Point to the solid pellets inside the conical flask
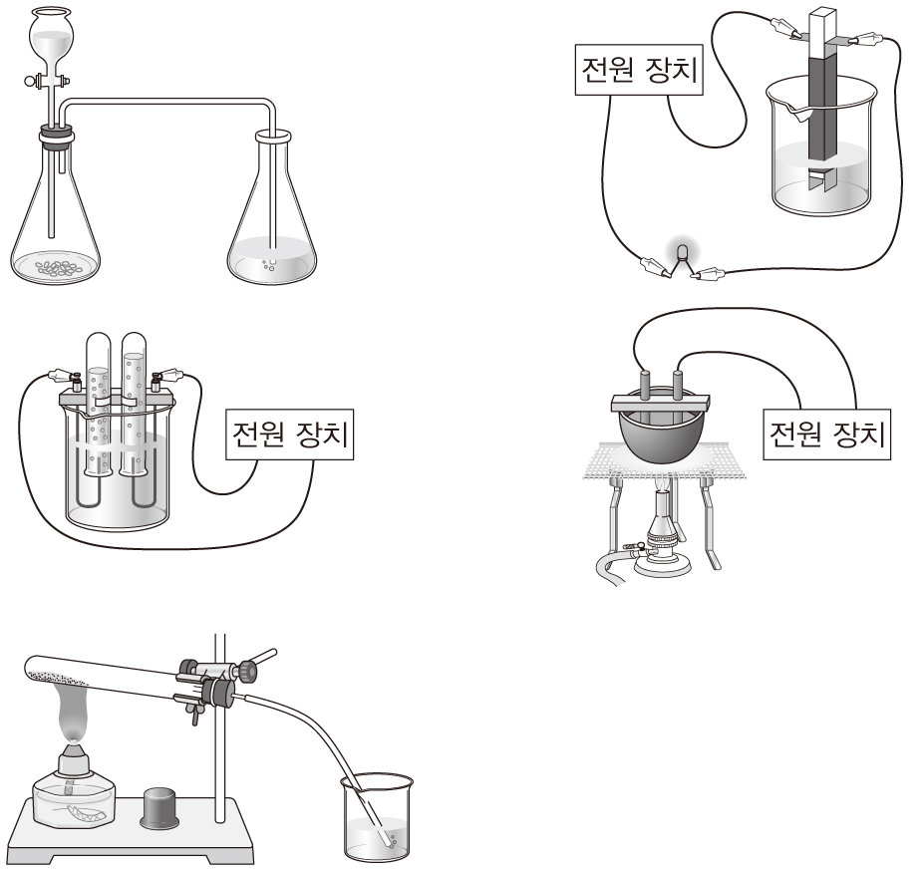(56, 268)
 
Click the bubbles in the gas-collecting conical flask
(268, 265)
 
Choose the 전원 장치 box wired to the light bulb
(639, 70)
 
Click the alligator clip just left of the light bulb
(655, 267)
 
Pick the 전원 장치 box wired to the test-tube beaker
(289, 434)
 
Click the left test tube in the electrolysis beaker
(98, 405)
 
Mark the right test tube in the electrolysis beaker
(134, 405)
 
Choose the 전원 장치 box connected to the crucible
(826, 434)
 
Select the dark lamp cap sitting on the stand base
(160, 807)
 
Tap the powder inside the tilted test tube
(58, 678)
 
